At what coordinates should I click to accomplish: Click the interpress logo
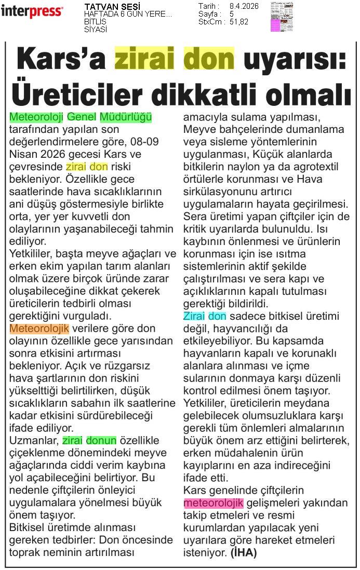pos(32,11)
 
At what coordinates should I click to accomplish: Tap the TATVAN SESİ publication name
pos(104,6)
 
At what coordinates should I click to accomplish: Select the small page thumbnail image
pos(282,17)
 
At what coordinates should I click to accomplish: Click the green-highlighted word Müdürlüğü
pos(126,117)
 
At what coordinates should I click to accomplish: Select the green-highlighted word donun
pos(101,441)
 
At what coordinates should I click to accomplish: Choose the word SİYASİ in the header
pos(96,30)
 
